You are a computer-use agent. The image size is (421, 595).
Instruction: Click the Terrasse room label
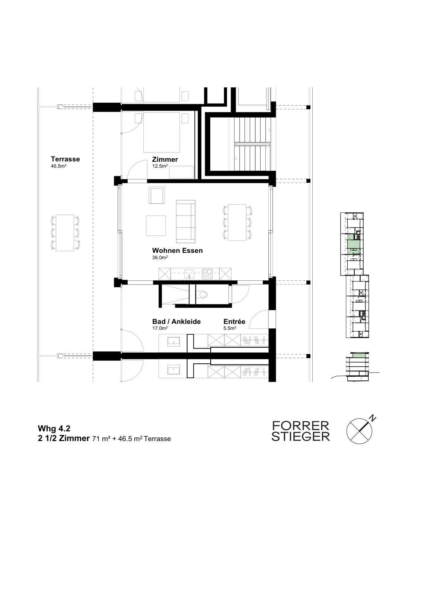tap(65, 159)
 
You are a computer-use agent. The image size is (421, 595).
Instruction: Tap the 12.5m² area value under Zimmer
tap(160, 166)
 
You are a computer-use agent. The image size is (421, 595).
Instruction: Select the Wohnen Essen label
tap(178, 251)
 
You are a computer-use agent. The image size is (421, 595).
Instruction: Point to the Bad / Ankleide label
tap(176, 321)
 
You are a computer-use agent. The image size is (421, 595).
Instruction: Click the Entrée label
tap(234, 321)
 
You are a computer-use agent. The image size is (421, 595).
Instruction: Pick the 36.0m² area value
tap(160, 257)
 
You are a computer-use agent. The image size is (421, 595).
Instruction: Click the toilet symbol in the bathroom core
tap(202, 294)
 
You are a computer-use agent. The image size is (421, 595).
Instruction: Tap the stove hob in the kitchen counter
tap(207, 274)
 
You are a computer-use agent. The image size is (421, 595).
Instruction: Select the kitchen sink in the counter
tap(189, 274)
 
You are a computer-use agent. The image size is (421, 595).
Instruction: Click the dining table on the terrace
tap(65, 233)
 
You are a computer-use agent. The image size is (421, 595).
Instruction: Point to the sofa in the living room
tap(186, 222)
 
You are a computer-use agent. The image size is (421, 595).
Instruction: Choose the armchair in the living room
tap(157, 195)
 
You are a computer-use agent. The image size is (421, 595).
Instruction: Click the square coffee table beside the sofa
tap(156, 226)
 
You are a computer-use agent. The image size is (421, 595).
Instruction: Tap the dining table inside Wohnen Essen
tap(237, 223)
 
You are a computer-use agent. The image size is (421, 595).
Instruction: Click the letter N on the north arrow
tap(373, 418)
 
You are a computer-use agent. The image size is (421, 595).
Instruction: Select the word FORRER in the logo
tap(300, 426)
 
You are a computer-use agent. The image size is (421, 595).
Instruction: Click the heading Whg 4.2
tap(54, 428)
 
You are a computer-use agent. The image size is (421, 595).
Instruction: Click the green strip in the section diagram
tap(360, 355)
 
